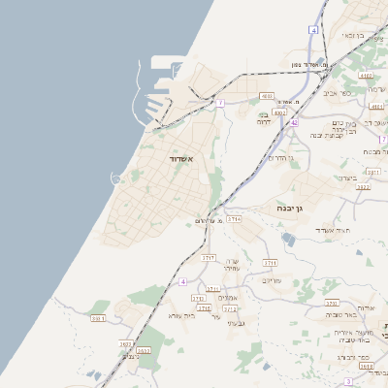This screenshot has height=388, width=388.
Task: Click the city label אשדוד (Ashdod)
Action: [181, 158]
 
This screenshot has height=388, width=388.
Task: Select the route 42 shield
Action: [293, 122]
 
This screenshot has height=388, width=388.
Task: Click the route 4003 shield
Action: [267, 96]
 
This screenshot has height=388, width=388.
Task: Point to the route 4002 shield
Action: [279, 113]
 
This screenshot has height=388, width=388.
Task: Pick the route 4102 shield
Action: [365, 75]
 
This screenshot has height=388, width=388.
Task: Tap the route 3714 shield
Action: [234, 219]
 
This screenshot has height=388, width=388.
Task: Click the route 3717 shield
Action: [209, 258]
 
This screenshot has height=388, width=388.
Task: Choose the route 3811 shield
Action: [98, 318]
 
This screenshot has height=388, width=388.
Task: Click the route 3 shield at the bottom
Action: [348, 382]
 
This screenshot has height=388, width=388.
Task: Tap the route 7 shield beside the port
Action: [220, 102]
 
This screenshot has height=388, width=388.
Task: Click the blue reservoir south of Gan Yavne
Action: [288, 237]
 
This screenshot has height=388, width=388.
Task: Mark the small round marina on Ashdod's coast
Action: [116, 178]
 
